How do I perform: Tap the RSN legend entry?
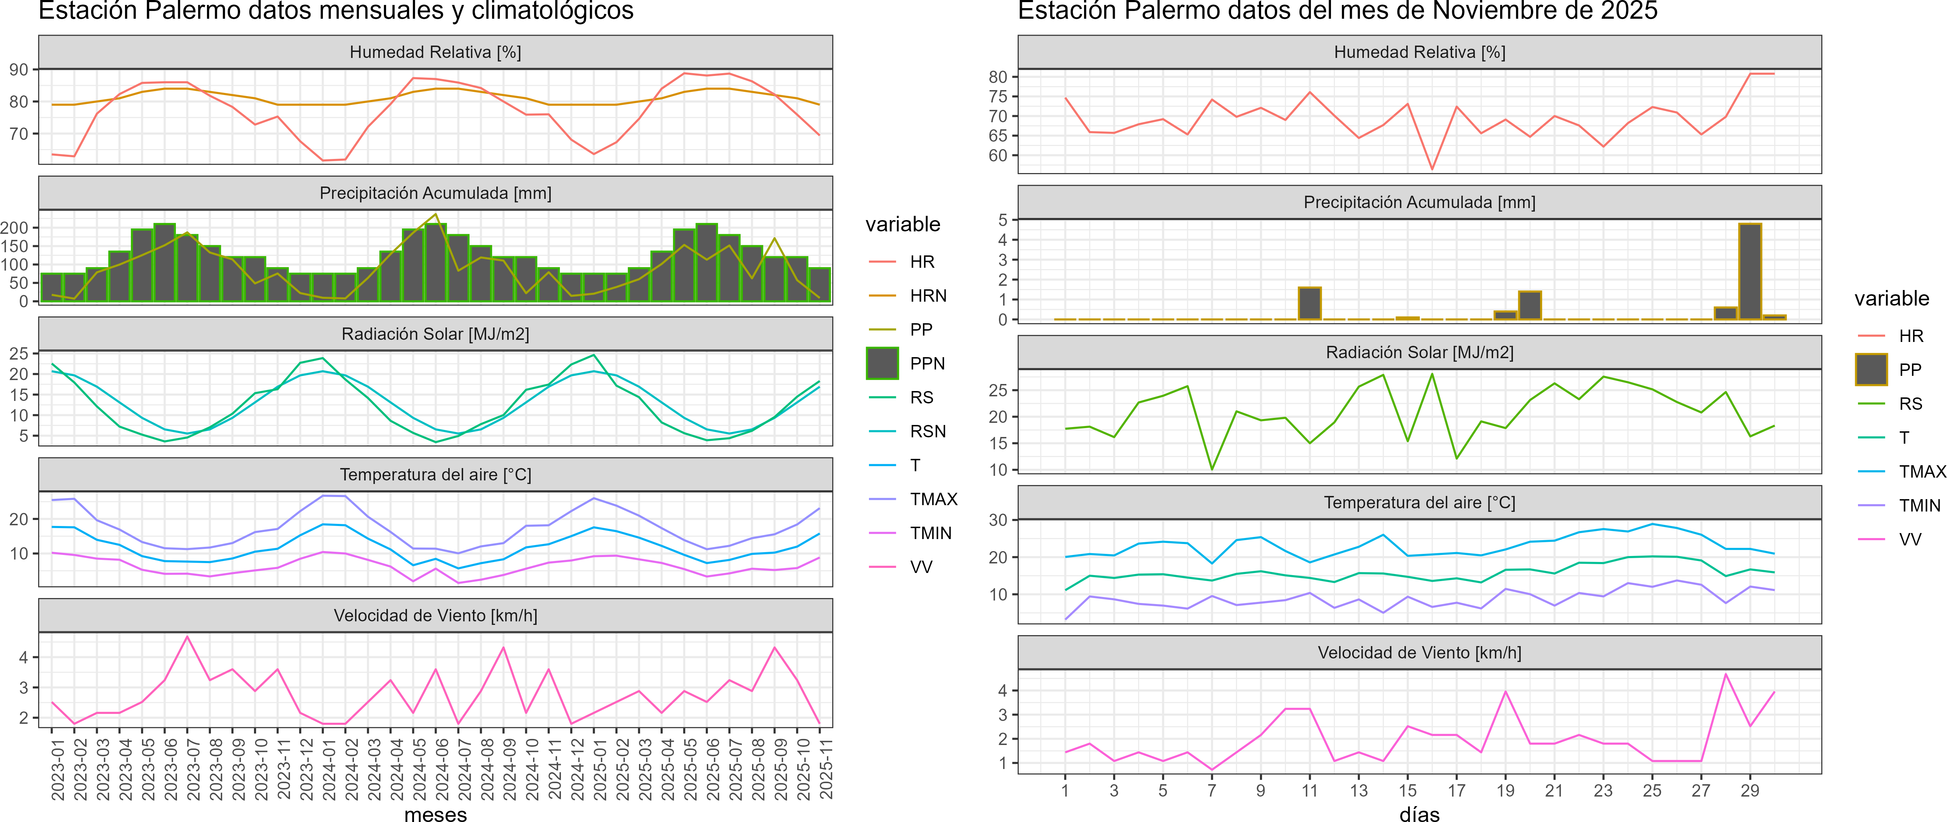(x=927, y=431)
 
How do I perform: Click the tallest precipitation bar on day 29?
(x=1750, y=272)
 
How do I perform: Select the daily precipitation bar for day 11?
(x=1310, y=304)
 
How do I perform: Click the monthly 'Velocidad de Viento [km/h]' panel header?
(x=435, y=616)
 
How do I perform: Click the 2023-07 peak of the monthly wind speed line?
(x=188, y=637)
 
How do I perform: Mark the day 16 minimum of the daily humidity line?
(x=1432, y=168)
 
